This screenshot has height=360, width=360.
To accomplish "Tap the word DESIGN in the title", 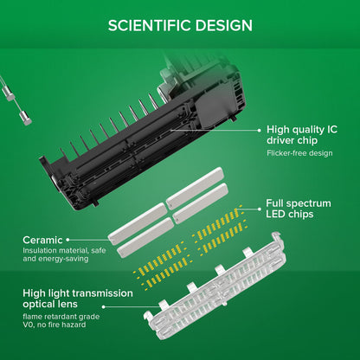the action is point(224,25).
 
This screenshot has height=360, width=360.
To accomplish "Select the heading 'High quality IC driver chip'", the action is point(302,135).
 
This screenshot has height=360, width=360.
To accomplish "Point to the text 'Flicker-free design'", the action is point(299,153).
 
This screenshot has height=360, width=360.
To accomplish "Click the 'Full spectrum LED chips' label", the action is point(299,209).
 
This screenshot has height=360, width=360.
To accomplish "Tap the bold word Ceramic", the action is point(42,240).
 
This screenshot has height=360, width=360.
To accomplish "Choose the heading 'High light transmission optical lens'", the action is point(78,299).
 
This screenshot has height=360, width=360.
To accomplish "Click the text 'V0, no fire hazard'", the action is point(55,325).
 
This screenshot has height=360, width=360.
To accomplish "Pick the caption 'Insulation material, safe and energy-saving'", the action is point(64,254).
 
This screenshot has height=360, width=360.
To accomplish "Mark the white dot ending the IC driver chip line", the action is point(259,130).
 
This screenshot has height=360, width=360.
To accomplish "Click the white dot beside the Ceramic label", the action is point(67,240).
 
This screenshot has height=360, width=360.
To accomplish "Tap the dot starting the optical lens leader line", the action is point(104,307).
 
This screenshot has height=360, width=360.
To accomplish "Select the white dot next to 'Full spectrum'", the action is point(259,209).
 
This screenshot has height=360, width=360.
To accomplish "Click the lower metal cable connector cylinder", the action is point(25,119).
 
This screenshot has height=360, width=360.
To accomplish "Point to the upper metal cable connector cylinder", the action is point(9,93).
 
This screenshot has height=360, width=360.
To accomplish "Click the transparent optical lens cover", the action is point(215,286).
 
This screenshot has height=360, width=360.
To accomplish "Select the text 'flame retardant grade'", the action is point(61,317).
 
